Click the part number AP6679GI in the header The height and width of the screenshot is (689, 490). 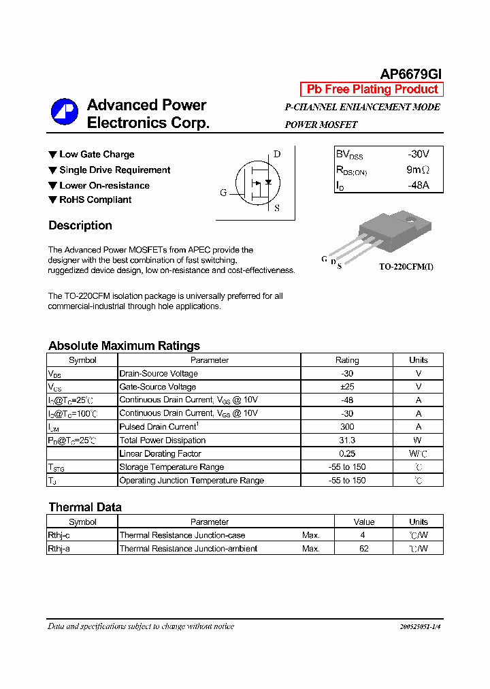tap(410, 74)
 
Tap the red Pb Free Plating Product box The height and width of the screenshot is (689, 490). tap(372, 89)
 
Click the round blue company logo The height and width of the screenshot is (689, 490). tap(65, 112)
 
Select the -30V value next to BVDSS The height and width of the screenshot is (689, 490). tap(418, 155)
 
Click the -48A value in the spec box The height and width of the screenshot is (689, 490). tap(418, 185)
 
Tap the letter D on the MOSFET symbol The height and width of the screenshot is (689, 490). tap(277, 154)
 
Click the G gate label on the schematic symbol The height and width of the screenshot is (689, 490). tap(223, 193)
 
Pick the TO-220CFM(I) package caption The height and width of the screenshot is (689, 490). tap(406, 267)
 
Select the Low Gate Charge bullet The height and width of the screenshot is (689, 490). tap(96, 155)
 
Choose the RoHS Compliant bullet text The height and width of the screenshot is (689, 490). tap(95, 199)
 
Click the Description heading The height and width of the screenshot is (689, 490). tap(80, 225)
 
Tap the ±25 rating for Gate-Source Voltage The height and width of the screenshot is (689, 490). tap(347, 387)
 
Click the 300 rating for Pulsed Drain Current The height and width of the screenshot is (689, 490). tap(347, 427)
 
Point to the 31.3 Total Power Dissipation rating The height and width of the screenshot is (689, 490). tap(347, 440)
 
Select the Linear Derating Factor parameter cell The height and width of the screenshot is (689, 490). tap(161, 453)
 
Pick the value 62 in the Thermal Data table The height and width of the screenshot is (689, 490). tap(363, 549)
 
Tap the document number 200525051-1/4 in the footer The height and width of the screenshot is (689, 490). tap(416, 626)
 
